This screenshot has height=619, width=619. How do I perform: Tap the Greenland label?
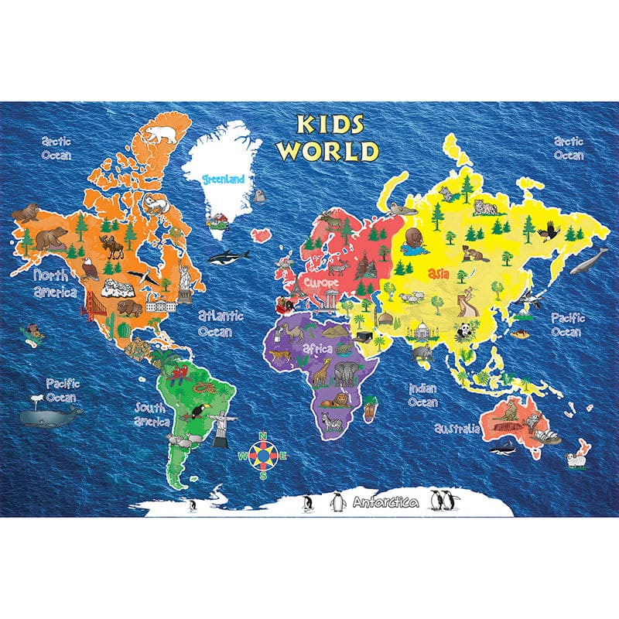pyautogui.click(x=223, y=179)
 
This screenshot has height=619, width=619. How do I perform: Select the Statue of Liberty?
pyautogui.click(x=186, y=279)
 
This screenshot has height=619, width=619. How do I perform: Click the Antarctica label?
pyautogui.click(x=385, y=502)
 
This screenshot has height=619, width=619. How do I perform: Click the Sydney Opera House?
pyautogui.click(x=548, y=436)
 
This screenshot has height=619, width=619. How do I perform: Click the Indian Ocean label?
pyautogui.click(x=424, y=395)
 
